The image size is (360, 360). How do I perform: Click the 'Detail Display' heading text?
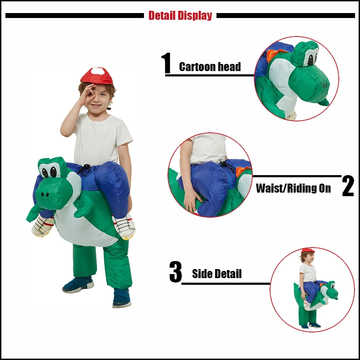[180, 16]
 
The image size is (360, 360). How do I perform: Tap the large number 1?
[166, 63]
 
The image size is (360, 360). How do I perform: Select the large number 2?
[348, 186]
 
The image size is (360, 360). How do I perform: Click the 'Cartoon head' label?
[210, 67]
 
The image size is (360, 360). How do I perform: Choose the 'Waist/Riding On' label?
[293, 188]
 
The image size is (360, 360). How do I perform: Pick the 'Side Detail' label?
[217, 274]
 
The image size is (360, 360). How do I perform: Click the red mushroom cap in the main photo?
[97, 76]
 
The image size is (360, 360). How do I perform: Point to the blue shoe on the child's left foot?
[122, 298]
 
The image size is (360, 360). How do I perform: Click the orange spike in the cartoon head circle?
[271, 55]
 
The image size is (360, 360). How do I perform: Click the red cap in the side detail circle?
[308, 250]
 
